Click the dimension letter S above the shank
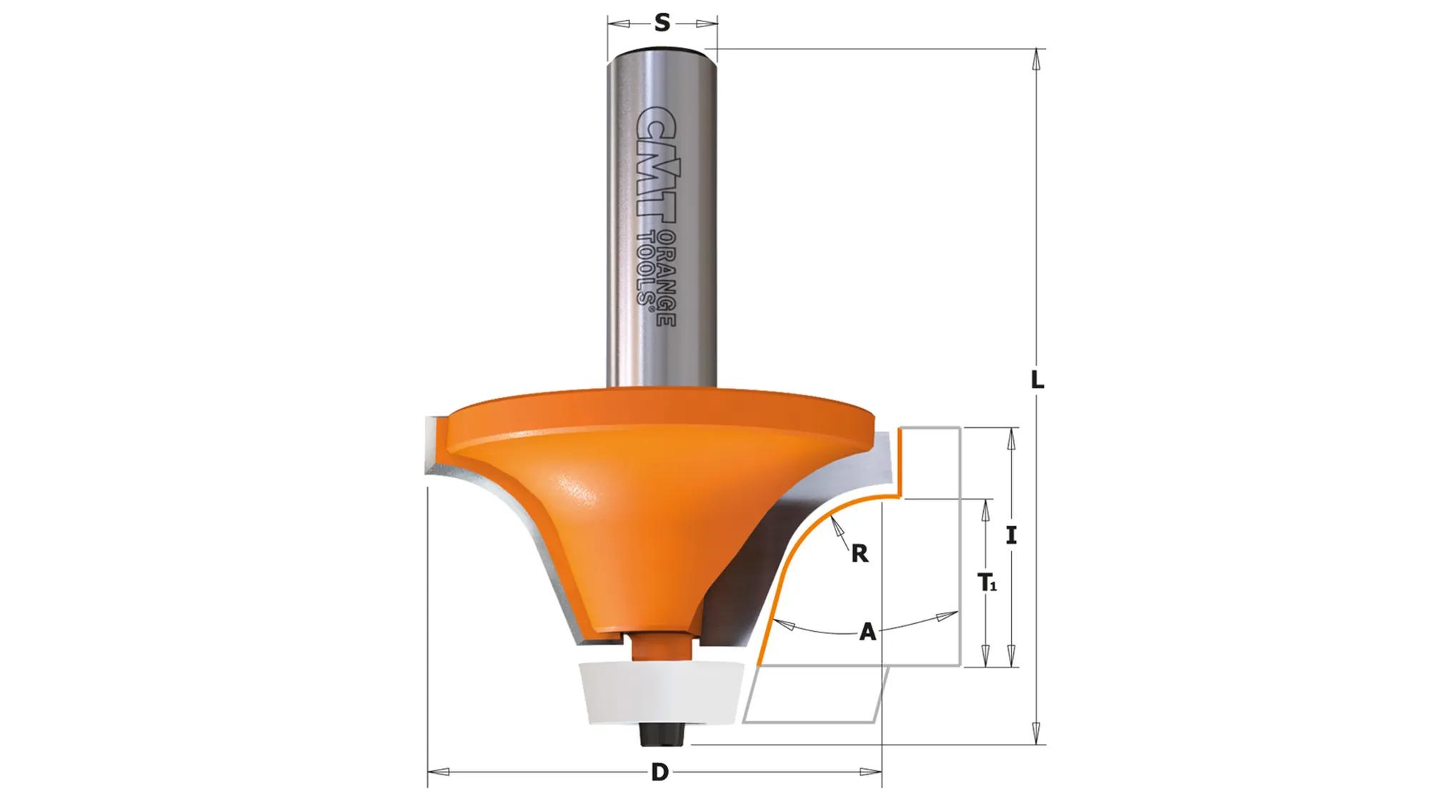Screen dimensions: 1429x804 point(662,24)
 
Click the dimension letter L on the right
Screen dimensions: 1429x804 point(1037,380)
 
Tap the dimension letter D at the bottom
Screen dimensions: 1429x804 point(659,773)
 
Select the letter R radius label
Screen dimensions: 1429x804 point(860,552)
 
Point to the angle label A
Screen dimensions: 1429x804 point(867,632)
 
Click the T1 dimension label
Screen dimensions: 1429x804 point(987,583)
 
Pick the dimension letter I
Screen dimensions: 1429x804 point(1011,535)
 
